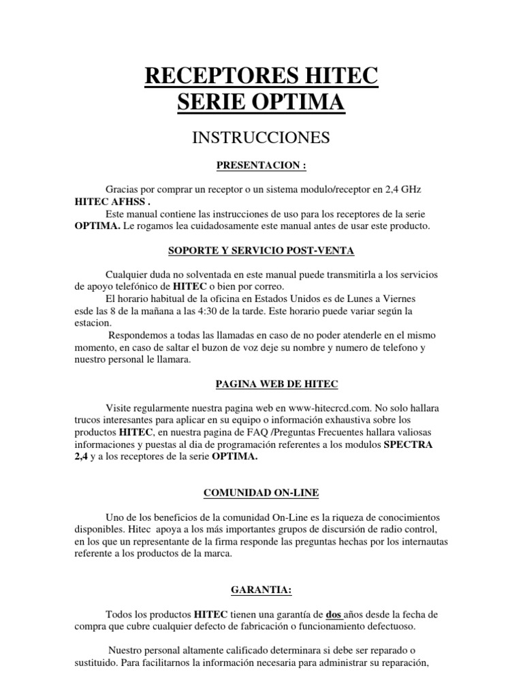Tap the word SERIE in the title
[x=208, y=104]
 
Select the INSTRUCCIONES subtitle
[x=261, y=138]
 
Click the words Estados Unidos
[x=272, y=299]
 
